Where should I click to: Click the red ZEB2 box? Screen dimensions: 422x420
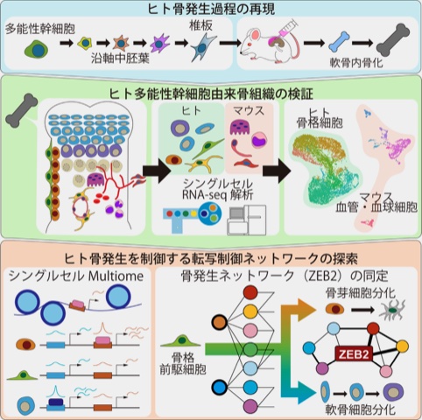(x=354, y=354)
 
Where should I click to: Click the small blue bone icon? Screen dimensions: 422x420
(x=338, y=44)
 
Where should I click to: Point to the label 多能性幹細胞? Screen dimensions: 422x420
(x=40, y=29)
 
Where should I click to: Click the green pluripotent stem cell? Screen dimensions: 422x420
(x=37, y=50)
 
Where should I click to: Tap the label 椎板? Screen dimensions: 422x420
(x=200, y=26)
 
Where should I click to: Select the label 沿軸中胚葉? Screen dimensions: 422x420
(x=120, y=59)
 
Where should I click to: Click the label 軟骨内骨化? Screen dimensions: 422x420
(x=356, y=63)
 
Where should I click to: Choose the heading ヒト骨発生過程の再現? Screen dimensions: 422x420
(x=211, y=9)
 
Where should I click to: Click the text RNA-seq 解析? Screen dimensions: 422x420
(x=217, y=194)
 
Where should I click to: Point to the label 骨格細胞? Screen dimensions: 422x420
(x=320, y=123)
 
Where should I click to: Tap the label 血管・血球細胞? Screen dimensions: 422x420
(x=376, y=207)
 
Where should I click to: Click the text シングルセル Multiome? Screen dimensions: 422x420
(x=76, y=276)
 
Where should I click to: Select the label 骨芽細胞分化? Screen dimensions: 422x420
(x=361, y=292)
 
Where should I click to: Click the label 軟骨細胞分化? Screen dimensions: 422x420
(x=361, y=409)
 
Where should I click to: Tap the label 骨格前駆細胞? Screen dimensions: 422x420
(x=183, y=363)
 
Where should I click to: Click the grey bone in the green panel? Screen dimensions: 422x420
(x=22, y=110)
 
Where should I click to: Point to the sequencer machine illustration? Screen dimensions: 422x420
(x=247, y=220)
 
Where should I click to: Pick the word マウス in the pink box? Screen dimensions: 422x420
(x=249, y=110)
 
